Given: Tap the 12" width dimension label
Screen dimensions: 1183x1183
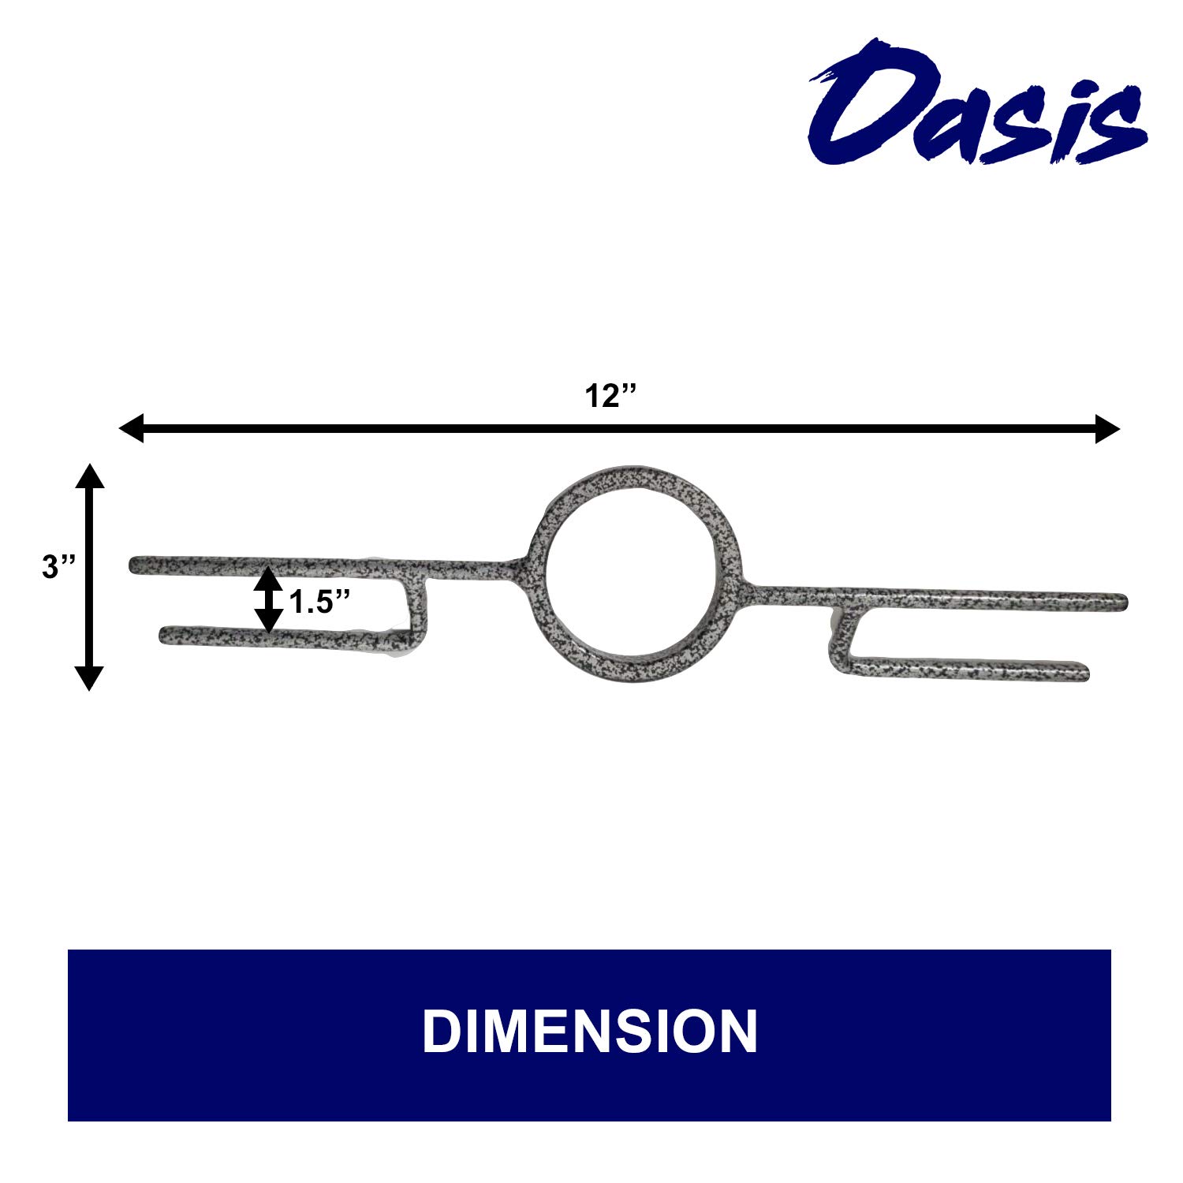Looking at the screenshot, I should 610,396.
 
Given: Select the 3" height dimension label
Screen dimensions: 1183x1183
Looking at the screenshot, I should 58,567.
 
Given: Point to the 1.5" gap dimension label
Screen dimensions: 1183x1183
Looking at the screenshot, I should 319,603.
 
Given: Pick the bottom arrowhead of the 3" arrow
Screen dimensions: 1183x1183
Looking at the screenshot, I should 89,677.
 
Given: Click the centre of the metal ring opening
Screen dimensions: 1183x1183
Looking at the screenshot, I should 635,573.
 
